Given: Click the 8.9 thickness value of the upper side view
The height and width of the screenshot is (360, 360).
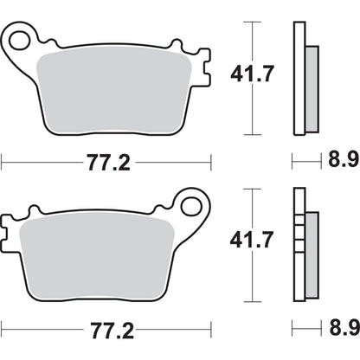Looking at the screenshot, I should click(x=342, y=161).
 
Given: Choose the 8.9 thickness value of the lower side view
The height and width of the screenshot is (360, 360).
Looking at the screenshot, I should click(x=342, y=330).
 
